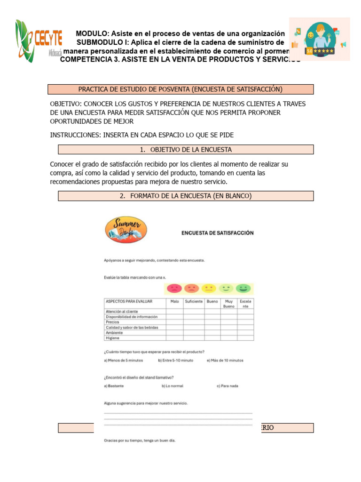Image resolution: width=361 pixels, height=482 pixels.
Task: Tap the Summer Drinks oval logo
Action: coord(126,230)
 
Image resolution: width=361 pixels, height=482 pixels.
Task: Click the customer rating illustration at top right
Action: coord(319,39)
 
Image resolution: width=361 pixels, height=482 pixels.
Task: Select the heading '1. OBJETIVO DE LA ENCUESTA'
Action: coord(186,150)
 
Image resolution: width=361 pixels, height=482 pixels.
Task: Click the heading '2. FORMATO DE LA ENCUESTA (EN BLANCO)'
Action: coord(186,196)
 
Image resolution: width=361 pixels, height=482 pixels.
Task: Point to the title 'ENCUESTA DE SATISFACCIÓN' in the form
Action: coord(218,233)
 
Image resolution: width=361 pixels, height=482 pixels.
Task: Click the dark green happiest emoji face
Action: coord(243,289)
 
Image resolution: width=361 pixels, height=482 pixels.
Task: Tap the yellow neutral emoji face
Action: coord(209,289)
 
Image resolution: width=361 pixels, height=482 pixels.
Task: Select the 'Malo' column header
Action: coord(174,301)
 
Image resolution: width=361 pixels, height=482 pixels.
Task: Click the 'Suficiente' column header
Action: coord(194,301)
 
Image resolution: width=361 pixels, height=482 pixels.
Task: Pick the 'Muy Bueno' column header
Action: coord(228,304)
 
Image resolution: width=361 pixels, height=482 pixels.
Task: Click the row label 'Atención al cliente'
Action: coord(122,312)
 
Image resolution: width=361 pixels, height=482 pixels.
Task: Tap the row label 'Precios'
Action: coord(112,322)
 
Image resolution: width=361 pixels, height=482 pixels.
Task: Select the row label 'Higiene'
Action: coord(113,337)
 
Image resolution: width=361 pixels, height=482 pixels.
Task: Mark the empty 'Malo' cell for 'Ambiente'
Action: coord(174,332)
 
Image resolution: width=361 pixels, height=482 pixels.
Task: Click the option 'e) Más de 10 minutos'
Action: coord(225,361)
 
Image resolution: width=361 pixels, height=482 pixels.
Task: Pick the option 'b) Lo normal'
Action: coord(173,386)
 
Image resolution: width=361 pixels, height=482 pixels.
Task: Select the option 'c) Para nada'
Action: coord(228,386)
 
